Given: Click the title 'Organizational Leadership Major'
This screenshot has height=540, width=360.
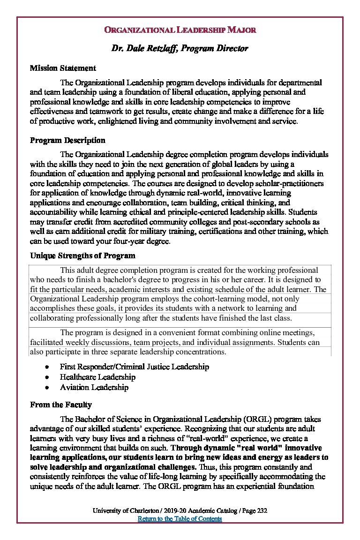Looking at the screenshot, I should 180,30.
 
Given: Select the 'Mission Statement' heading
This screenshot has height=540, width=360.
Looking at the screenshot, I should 63,68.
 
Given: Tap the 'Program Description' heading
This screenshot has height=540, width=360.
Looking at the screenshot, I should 67,141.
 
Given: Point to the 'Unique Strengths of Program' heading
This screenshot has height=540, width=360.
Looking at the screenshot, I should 82,256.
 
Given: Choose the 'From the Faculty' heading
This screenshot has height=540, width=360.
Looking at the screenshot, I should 61,405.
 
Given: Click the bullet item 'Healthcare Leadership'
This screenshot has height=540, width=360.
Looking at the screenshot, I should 97,377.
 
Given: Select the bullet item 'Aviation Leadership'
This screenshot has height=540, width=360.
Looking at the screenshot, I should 94,388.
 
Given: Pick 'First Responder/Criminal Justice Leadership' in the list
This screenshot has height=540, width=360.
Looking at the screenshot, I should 134,367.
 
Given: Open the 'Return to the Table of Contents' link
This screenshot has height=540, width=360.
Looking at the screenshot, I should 180,519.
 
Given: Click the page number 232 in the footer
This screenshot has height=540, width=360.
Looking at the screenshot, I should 262,511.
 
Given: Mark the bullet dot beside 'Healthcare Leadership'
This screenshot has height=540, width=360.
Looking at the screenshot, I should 47,377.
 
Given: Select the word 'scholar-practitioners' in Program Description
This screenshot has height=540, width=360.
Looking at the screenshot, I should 290,183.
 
